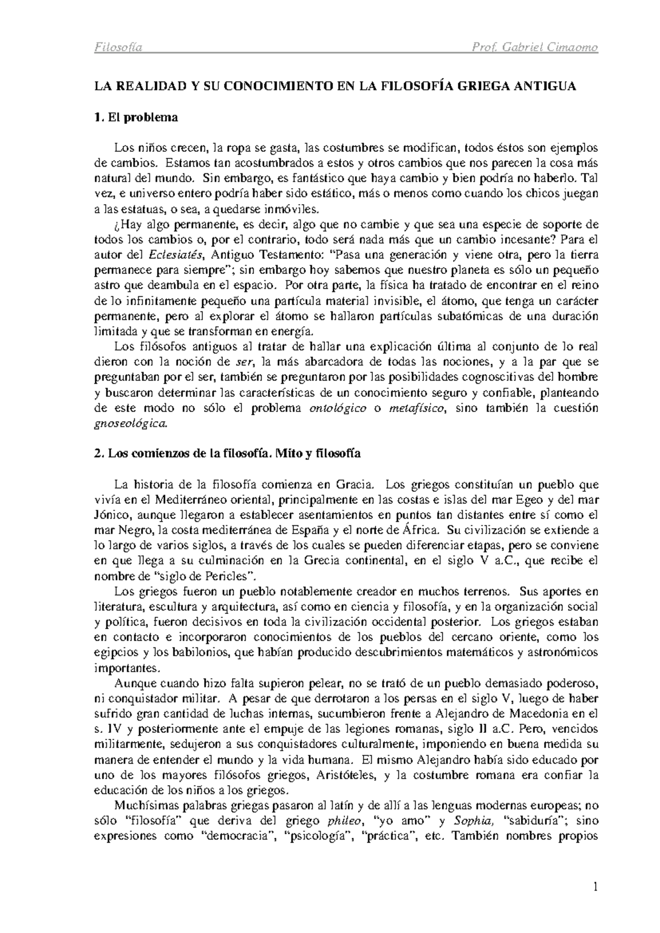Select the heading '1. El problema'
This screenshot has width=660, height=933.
point(136,117)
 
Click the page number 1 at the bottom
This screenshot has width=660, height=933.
point(595,887)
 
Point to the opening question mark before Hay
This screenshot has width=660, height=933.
point(116,225)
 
